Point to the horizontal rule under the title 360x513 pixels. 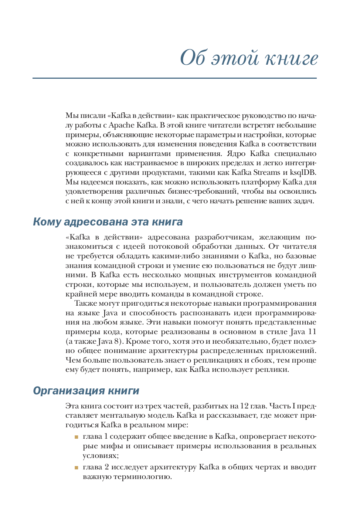(x=174, y=78)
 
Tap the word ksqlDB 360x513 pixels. (x=303, y=173)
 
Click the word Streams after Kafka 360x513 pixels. (x=266, y=173)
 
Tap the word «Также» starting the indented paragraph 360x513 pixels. (x=85, y=303)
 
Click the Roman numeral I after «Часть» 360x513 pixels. (x=294, y=406)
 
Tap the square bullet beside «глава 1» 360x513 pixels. (x=77, y=437)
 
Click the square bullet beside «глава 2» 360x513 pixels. (x=77, y=468)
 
